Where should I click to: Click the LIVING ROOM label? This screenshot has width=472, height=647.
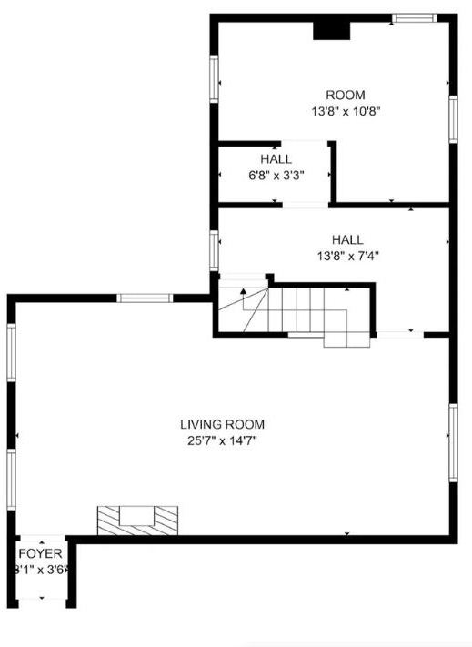pos(222,424)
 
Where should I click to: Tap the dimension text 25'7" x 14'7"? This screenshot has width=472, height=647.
pos(222,441)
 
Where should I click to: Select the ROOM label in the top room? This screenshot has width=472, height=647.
pos(346,96)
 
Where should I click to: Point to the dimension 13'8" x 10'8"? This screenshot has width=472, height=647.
pos(346,112)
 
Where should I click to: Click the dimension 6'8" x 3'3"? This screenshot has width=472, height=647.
pos(276,176)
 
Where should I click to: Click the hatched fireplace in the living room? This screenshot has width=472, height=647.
pos(138,521)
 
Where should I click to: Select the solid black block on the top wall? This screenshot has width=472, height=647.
pos(331,30)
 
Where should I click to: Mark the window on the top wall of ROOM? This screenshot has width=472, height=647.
pos(414,17)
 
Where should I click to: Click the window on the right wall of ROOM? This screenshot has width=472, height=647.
pos(453,118)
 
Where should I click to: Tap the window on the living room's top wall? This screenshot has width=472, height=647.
pos(146,298)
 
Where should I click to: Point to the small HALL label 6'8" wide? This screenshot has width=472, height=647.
pos(276,159)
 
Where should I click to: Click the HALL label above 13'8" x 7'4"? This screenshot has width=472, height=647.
pos(346,239)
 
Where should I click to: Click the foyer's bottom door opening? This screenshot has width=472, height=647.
pos(41,601)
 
